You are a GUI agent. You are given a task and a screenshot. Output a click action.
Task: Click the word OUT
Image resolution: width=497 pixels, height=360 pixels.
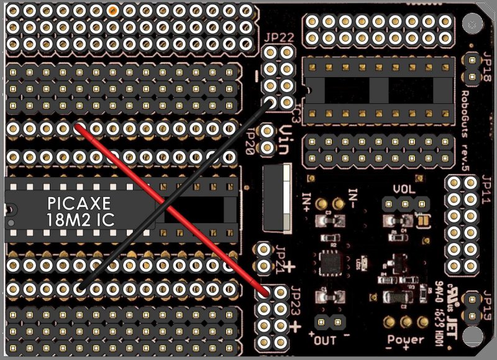coord(328,341)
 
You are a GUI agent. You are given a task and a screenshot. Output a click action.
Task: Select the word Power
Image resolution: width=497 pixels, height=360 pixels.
coord(406,340)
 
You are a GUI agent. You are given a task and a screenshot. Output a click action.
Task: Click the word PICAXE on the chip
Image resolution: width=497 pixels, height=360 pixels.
coord(79,203)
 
